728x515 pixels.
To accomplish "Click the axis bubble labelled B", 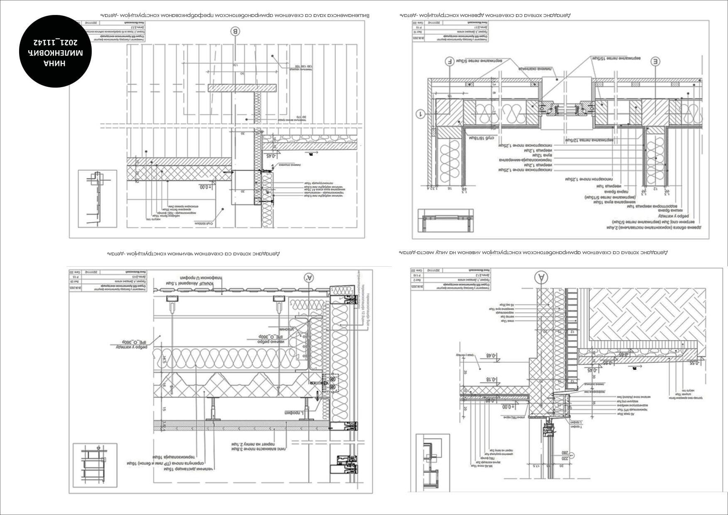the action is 236,31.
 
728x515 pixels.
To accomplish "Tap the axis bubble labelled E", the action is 655,61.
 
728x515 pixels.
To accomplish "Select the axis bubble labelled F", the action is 449,61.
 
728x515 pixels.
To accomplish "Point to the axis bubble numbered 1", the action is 420,113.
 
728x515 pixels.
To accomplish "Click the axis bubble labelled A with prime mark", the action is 308,277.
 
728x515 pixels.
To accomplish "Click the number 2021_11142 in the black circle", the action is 55,42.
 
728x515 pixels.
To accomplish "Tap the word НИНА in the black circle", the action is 55,63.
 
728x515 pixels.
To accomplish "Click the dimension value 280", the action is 564,453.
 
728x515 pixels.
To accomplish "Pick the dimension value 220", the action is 564,458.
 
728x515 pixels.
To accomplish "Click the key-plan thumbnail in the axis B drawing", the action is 98,198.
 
